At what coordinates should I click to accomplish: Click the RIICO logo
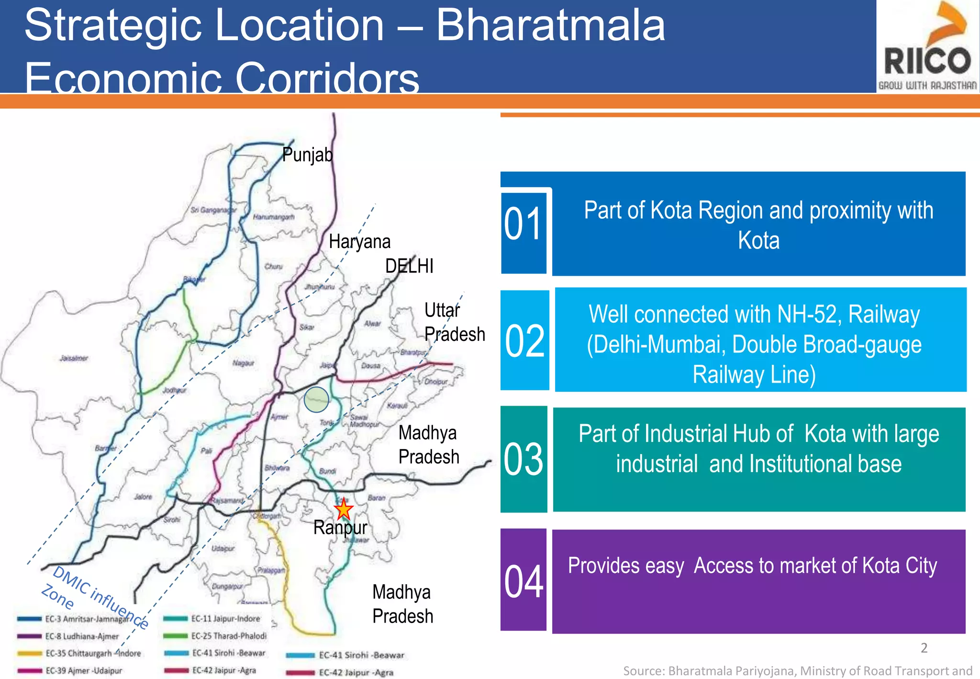pos(927,47)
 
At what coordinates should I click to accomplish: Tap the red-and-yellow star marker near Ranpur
pos(343,509)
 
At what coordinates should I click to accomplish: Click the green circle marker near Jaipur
pos(316,399)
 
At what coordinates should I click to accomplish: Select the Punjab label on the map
pos(307,155)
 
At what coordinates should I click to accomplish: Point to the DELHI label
pos(409,266)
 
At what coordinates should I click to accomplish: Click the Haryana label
pos(359,241)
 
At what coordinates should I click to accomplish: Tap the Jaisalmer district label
pos(74,358)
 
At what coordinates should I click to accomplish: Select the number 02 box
pos(524,340)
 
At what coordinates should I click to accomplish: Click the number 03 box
pos(523,459)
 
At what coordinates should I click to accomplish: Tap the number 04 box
pos(523,580)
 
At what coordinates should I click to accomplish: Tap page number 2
pos(924,648)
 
